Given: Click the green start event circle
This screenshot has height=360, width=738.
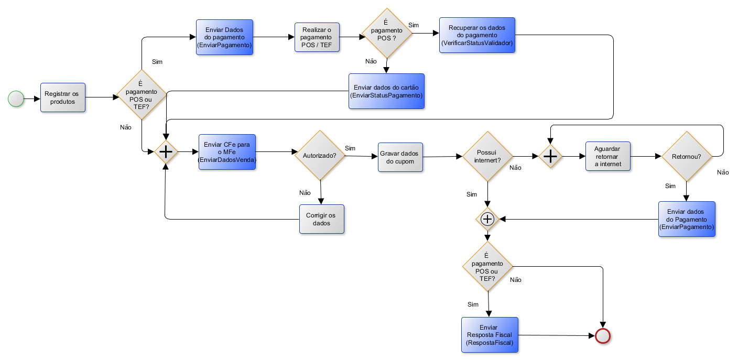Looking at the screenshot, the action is tap(16, 99).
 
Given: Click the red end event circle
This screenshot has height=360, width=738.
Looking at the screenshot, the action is tap(603, 336).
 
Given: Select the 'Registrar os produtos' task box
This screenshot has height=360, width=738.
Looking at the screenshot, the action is tap(63, 97).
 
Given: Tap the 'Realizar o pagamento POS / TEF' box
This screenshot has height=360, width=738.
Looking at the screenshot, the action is tap(317, 37).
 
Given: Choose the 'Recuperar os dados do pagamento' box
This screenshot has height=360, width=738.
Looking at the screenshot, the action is tap(477, 35).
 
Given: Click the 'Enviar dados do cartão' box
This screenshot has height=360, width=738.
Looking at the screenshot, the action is tap(386, 91).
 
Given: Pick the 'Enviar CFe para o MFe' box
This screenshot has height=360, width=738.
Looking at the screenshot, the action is tap(227, 152).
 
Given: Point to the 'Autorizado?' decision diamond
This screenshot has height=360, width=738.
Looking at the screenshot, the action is tap(320, 155).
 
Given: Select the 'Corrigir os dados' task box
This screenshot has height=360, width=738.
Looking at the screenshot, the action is tap(321, 219).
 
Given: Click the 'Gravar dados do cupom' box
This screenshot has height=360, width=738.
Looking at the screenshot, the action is tap(400, 157).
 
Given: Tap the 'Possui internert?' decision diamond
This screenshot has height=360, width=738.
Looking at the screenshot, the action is tap(487, 157).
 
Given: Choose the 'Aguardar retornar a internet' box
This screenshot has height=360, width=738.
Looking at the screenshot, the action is tap(608, 156).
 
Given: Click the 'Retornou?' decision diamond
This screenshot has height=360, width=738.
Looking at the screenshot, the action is tap(687, 157).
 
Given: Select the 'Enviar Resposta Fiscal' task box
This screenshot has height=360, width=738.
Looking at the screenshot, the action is tap(490, 335).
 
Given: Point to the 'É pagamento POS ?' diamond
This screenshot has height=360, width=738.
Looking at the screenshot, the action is tap(387, 33).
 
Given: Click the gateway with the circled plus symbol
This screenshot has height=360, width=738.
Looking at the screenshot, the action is tap(487, 219).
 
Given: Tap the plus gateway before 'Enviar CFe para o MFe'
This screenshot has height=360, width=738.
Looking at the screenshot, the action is tap(166, 152).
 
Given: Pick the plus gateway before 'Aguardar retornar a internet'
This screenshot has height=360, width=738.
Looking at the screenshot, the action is tap(550, 156).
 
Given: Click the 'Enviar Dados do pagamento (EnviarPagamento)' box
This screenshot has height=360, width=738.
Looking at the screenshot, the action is tap(224, 37).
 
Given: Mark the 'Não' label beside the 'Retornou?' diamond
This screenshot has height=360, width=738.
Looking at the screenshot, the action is tap(723, 172).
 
